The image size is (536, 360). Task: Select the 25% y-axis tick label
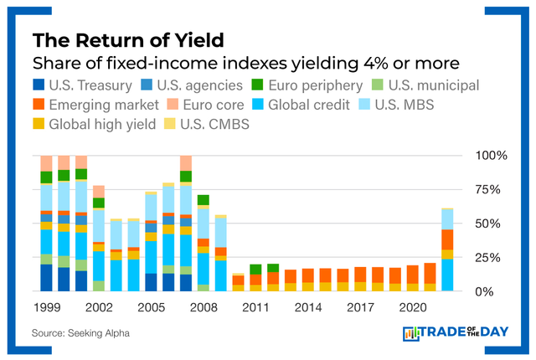[489, 258]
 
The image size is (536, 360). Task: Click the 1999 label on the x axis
[47, 307]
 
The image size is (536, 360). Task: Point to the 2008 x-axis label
[203, 307]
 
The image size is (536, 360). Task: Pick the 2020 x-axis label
[412, 307]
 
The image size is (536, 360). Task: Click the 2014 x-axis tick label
[307, 307]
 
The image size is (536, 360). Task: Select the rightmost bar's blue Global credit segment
[447, 275]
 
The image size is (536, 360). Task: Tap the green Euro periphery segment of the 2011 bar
[255, 269]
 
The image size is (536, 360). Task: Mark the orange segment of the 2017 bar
[360, 275]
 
